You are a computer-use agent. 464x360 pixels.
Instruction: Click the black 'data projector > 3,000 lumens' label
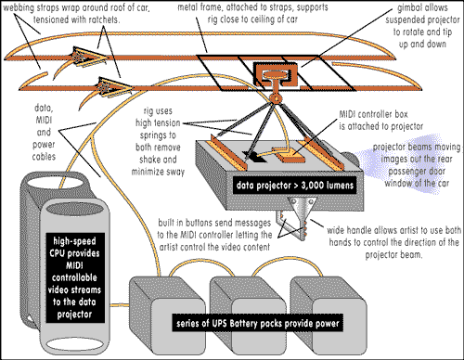coord(295,186)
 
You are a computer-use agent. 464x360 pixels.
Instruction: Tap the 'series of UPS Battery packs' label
coord(258,323)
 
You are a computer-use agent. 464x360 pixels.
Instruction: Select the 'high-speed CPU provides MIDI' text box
coord(74,277)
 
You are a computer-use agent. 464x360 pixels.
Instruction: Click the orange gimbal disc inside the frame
coord(275,74)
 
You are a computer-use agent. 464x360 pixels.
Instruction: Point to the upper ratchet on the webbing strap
coord(88,57)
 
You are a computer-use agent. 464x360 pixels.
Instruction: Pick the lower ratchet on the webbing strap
coord(113,86)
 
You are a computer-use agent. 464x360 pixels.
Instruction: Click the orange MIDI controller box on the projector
coord(290,156)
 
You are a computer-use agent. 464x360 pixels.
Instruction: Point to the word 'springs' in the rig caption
coord(158,135)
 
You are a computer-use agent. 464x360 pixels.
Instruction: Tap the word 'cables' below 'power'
coord(44,157)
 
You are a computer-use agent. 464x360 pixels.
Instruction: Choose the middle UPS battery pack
coord(248,315)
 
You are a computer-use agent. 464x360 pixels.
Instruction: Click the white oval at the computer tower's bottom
coord(74,344)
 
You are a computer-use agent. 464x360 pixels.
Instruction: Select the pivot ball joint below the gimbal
coord(275,98)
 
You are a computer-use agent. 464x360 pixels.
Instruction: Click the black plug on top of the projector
coord(255,157)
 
